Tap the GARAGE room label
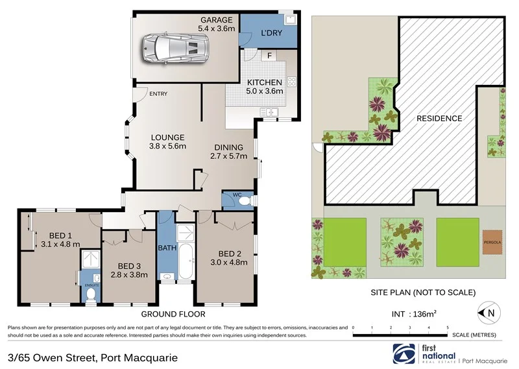point(217,19)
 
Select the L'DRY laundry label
point(271,33)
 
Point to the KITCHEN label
point(264,82)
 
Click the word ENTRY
point(158,94)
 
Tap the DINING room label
point(229,147)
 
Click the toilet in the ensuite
point(91,295)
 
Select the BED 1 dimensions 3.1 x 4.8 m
point(60,244)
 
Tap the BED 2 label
point(230,254)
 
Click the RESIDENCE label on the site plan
point(439,118)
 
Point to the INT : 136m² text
point(413,314)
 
